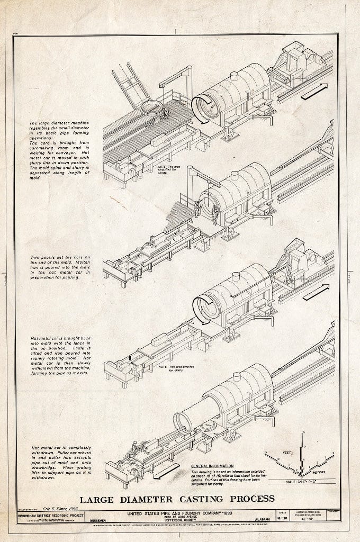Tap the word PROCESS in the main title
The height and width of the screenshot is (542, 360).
(249, 499)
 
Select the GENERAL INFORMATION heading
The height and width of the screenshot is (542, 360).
(211, 466)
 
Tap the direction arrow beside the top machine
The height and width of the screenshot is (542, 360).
(314, 91)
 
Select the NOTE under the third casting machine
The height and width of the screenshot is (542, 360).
(170, 368)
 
